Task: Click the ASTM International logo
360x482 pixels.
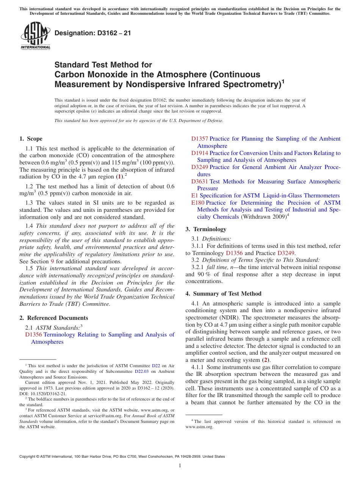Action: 35,35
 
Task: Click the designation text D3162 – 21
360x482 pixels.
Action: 93,33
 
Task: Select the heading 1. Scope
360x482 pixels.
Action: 31,139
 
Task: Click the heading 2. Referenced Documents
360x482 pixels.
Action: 54,318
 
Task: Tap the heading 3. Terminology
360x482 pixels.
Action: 206,229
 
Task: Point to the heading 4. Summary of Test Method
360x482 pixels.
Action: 223,294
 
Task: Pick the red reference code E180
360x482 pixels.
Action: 198,203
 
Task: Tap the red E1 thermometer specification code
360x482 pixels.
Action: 195,196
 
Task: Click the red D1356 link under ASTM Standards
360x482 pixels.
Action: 33,335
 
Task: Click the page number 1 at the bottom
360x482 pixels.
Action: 180,466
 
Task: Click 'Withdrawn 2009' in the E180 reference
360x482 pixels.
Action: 264,217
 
